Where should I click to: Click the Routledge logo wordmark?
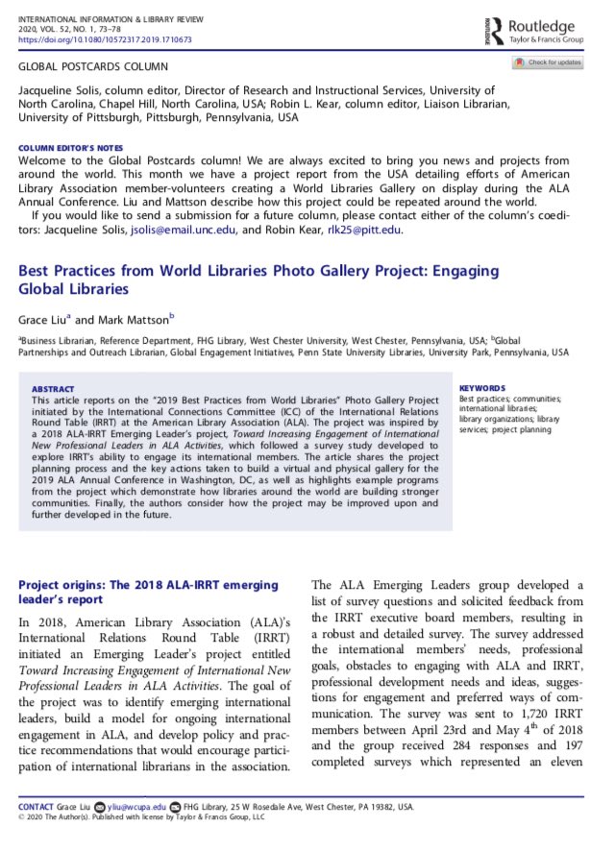pos(543,26)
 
